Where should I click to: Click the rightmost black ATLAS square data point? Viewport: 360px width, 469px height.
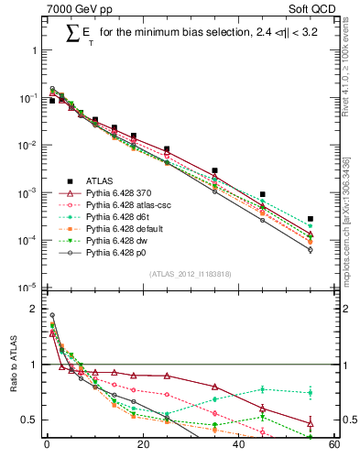click(x=311, y=219)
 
